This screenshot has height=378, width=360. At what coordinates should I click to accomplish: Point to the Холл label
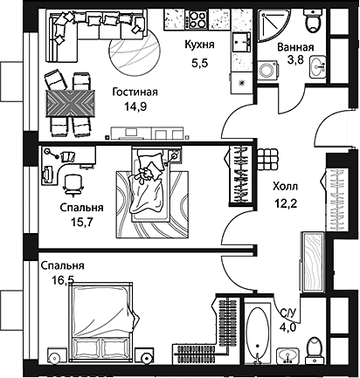[x=285, y=186]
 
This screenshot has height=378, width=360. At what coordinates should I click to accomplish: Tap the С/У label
[x=287, y=313]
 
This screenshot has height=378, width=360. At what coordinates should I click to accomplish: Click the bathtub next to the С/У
[x=258, y=334]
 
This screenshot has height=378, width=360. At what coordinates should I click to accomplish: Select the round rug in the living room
[x=135, y=51]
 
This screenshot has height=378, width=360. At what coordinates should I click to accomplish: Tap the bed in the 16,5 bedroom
[x=102, y=319]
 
